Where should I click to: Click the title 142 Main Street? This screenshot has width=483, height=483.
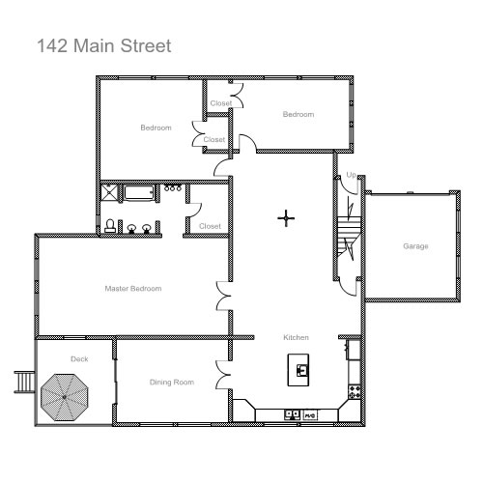[104, 45]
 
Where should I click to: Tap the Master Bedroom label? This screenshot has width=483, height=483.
[133, 289]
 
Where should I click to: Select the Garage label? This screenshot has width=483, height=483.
[415, 246]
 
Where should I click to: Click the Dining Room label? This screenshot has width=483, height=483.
[172, 383]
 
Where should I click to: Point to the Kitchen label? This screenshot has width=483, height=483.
[296, 337]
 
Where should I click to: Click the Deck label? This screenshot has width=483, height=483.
[79, 359]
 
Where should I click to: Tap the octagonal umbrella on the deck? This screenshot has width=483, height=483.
[65, 397]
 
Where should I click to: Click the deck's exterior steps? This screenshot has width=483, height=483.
[24, 382]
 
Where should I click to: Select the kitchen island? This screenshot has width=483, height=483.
[298, 370]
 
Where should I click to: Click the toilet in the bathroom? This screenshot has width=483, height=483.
[110, 226]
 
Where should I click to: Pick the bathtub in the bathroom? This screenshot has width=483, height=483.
[139, 192]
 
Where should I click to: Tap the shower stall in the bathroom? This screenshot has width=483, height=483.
[110, 192]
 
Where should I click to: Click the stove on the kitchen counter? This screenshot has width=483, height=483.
[355, 391]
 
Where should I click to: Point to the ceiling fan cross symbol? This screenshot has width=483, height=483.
[286, 218]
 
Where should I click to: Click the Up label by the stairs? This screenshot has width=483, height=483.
[351, 175]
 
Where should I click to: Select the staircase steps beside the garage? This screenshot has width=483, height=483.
[349, 237]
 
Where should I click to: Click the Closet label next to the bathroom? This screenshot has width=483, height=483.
[210, 226]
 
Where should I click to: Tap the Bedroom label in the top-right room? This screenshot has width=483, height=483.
[298, 114]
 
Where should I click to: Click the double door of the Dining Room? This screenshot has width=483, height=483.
[223, 375]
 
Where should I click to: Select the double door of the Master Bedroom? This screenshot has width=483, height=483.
[223, 296]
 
